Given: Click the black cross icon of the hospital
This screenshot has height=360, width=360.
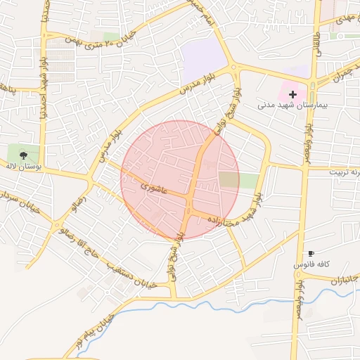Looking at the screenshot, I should pyautogui.click(x=292, y=94).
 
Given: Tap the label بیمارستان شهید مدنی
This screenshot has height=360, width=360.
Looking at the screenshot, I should pyautogui.click(x=283, y=105).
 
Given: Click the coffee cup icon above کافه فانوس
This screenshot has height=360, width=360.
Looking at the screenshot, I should pyautogui.click(x=311, y=253).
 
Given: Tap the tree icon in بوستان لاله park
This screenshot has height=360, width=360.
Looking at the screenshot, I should pyautogui.click(x=23, y=153).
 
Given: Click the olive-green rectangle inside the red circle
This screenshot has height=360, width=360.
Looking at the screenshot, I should pyautogui.click(x=229, y=179).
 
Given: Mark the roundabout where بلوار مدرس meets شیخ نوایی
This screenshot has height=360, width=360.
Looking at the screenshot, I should pyautogui.click(x=235, y=68).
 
